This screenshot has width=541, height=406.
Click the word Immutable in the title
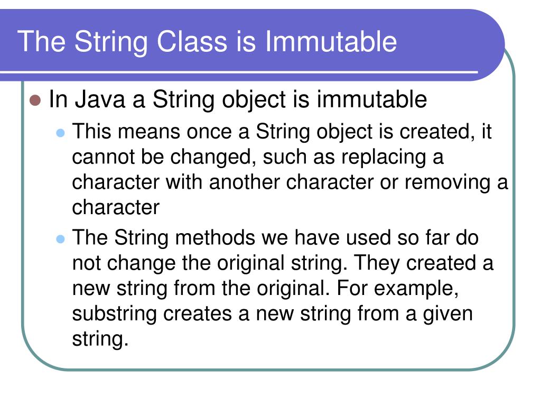[x=331, y=42]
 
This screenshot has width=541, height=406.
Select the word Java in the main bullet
[x=99, y=99]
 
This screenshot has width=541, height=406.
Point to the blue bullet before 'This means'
[x=60, y=132]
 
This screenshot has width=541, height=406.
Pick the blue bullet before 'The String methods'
[x=60, y=239]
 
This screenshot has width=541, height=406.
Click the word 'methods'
[x=215, y=238]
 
